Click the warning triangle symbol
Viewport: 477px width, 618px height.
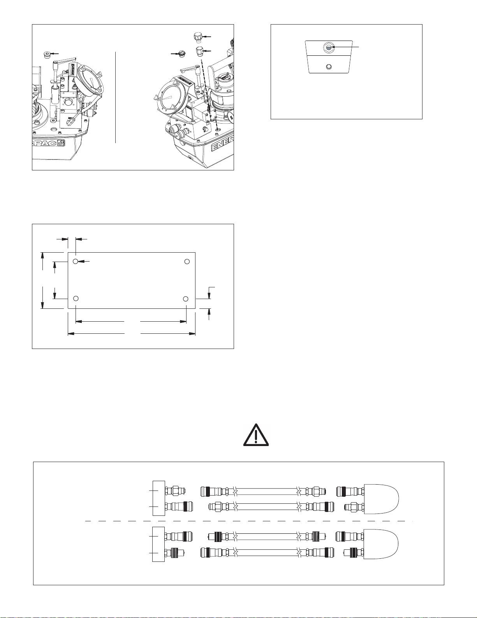point(256,436)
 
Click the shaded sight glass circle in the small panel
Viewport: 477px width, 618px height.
point(329,48)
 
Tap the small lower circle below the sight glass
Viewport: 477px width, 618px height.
point(328,67)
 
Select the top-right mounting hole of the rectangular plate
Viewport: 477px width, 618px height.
point(187,261)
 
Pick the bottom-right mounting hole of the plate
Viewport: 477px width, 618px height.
point(186,299)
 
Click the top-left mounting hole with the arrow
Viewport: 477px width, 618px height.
point(76,261)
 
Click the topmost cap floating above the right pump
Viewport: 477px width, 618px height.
point(198,37)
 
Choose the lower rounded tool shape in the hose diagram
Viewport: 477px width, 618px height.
point(381,544)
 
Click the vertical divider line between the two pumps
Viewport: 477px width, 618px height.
point(116,97)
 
